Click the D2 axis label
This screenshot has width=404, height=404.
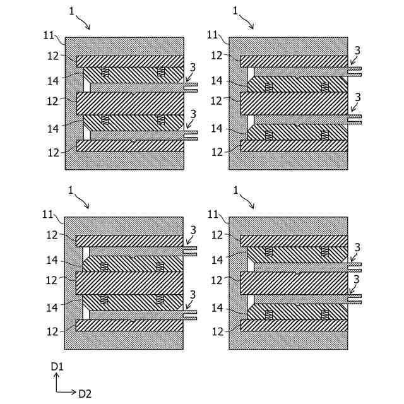pyautogui.click(x=85, y=393)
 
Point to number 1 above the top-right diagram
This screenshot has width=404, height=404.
pyautogui.click(x=235, y=11)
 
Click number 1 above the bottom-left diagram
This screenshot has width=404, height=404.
pyautogui.click(x=71, y=189)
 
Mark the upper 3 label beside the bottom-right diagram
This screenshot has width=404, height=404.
pyautogui.click(x=357, y=247)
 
